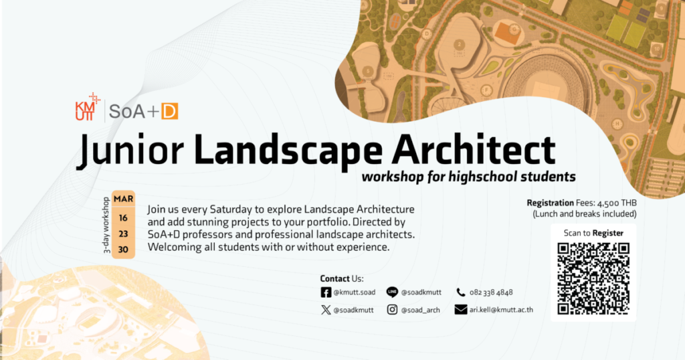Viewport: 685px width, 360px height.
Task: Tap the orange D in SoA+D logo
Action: [169, 111]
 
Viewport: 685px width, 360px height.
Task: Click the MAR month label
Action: [124, 199]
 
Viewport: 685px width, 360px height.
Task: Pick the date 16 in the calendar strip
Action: [124, 217]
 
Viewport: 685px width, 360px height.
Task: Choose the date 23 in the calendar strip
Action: [124, 234]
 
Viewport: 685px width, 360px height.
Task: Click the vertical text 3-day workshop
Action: [106, 225]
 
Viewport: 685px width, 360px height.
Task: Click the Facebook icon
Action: [326, 292]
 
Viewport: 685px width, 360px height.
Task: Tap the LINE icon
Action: [393, 292]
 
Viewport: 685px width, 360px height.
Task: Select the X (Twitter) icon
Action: [326, 310]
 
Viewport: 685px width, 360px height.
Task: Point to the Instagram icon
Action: [393, 310]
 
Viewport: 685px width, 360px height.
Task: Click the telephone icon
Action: [460, 292]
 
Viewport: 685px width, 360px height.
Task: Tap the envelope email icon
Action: [460, 310]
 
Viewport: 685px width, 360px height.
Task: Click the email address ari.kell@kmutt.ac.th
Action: [502, 310]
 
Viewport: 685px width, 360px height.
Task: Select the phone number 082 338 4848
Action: [491, 292]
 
